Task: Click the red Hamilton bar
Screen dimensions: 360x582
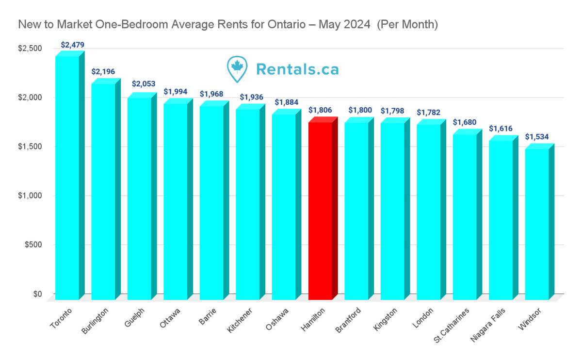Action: [x=320, y=209]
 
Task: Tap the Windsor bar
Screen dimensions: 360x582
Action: [x=537, y=223]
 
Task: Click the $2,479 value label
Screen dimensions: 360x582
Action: [x=73, y=45]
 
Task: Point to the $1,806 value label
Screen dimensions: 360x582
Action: [x=320, y=110]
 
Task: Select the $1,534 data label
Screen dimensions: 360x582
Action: [x=537, y=137]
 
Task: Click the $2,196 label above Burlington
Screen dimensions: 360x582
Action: [x=103, y=72]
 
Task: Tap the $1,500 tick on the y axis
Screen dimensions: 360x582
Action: [x=30, y=147]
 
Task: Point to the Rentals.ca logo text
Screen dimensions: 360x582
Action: [x=297, y=69]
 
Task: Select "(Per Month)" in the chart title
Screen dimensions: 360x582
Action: [x=407, y=24]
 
